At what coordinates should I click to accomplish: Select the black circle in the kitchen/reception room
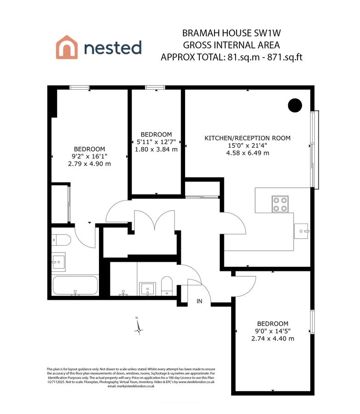point(294,105)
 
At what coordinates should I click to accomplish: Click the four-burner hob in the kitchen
point(280,203)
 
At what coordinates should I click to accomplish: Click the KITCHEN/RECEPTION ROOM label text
point(247,138)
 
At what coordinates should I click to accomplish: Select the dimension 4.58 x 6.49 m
point(247,153)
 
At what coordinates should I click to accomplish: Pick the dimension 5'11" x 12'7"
point(157,142)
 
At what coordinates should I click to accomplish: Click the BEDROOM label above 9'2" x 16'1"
point(89,149)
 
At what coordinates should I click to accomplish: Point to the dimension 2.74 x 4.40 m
point(273,339)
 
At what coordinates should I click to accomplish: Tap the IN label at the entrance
point(199,301)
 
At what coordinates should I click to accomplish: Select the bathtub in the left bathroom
point(75,285)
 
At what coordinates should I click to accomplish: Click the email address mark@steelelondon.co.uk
point(131,386)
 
